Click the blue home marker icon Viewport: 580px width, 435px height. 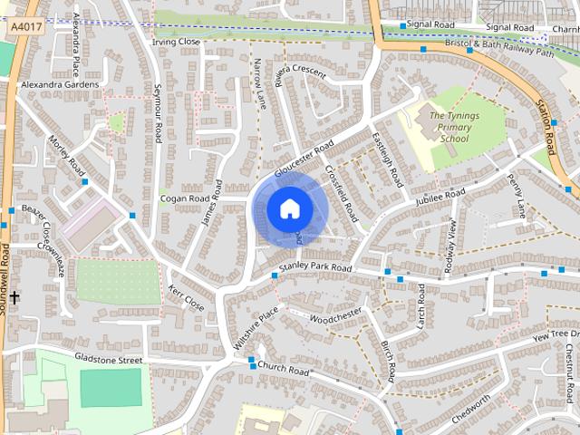tap(288, 209)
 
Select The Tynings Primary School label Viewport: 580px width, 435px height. tap(450, 128)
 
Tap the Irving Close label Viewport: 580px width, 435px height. tap(176, 42)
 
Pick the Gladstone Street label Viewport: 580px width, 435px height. tap(109, 360)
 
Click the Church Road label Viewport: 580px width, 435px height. tap(283, 370)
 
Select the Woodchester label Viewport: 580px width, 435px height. tap(335, 314)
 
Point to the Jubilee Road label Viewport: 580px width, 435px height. tap(440, 197)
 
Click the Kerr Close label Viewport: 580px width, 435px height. tap(186, 298)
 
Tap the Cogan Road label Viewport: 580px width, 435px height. tap(184, 198)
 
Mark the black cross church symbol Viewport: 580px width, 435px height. tap(14, 297)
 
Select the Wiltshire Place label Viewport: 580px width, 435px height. tap(256, 329)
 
